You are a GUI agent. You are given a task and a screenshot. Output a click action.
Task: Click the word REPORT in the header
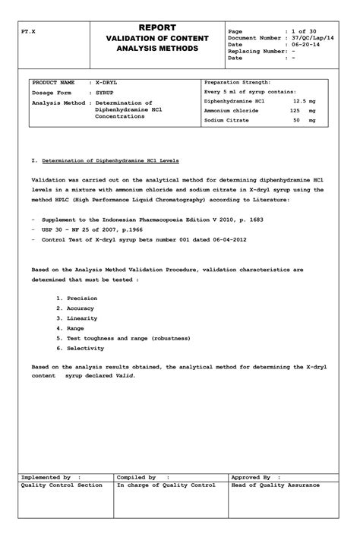(x=157, y=27)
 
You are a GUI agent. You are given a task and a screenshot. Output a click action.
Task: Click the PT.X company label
(x=29, y=34)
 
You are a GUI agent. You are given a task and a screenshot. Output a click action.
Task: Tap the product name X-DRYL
(x=107, y=82)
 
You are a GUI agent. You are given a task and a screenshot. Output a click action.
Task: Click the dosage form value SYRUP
(x=106, y=92)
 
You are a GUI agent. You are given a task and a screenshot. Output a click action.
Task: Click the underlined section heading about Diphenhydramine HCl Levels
(x=110, y=161)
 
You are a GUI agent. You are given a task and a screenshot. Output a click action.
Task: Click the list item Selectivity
(x=84, y=348)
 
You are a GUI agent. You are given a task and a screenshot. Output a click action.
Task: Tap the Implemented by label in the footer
(x=46, y=477)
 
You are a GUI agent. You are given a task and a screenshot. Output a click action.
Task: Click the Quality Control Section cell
(x=62, y=485)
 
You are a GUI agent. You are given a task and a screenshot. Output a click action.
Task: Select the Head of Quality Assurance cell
(x=275, y=485)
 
